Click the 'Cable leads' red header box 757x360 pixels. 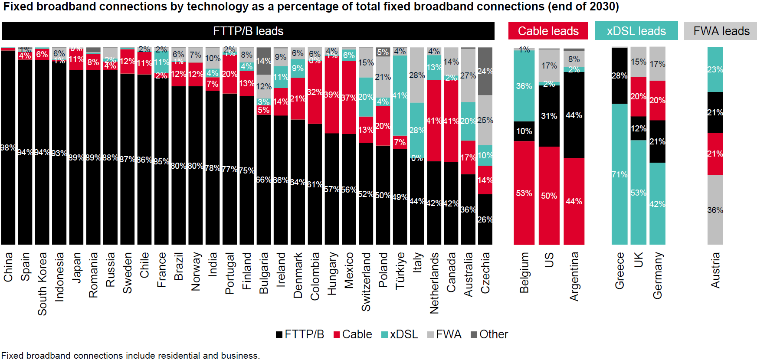(548, 31)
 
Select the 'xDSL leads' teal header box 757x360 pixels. (636, 31)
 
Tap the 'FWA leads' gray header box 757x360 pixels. (721, 31)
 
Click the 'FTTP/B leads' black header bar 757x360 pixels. (248, 31)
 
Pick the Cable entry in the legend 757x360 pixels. (352, 334)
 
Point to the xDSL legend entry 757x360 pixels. (400, 334)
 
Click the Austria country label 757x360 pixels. (715, 270)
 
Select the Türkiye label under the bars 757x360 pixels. (400, 270)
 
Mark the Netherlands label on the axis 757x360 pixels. (434, 283)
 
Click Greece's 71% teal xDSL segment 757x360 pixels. (619, 174)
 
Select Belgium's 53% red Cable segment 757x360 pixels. (524, 193)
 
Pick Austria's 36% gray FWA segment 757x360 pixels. (715, 210)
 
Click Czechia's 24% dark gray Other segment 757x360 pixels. (485, 71)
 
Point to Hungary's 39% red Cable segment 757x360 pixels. (332, 95)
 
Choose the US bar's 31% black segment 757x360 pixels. (549, 116)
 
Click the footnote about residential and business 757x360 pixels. (131, 356)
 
